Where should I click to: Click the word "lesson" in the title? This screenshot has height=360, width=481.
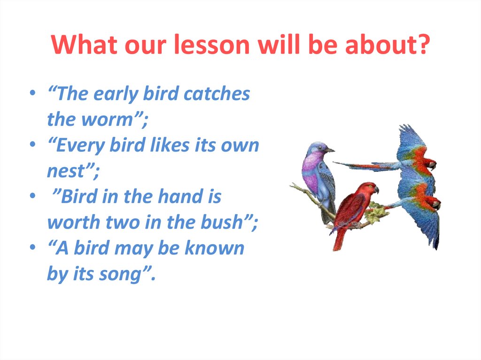click(212, 44)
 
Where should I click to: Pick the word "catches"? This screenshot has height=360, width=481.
click(217, 93)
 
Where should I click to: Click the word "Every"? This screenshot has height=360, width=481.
click(80, 146)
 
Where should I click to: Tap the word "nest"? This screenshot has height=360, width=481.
click(65, 171)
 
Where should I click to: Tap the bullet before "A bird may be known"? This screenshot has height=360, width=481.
click(33, 247)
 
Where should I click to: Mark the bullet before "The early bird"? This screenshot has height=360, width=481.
click(33, 92)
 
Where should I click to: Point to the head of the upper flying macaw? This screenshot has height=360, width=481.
click(429, 165)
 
